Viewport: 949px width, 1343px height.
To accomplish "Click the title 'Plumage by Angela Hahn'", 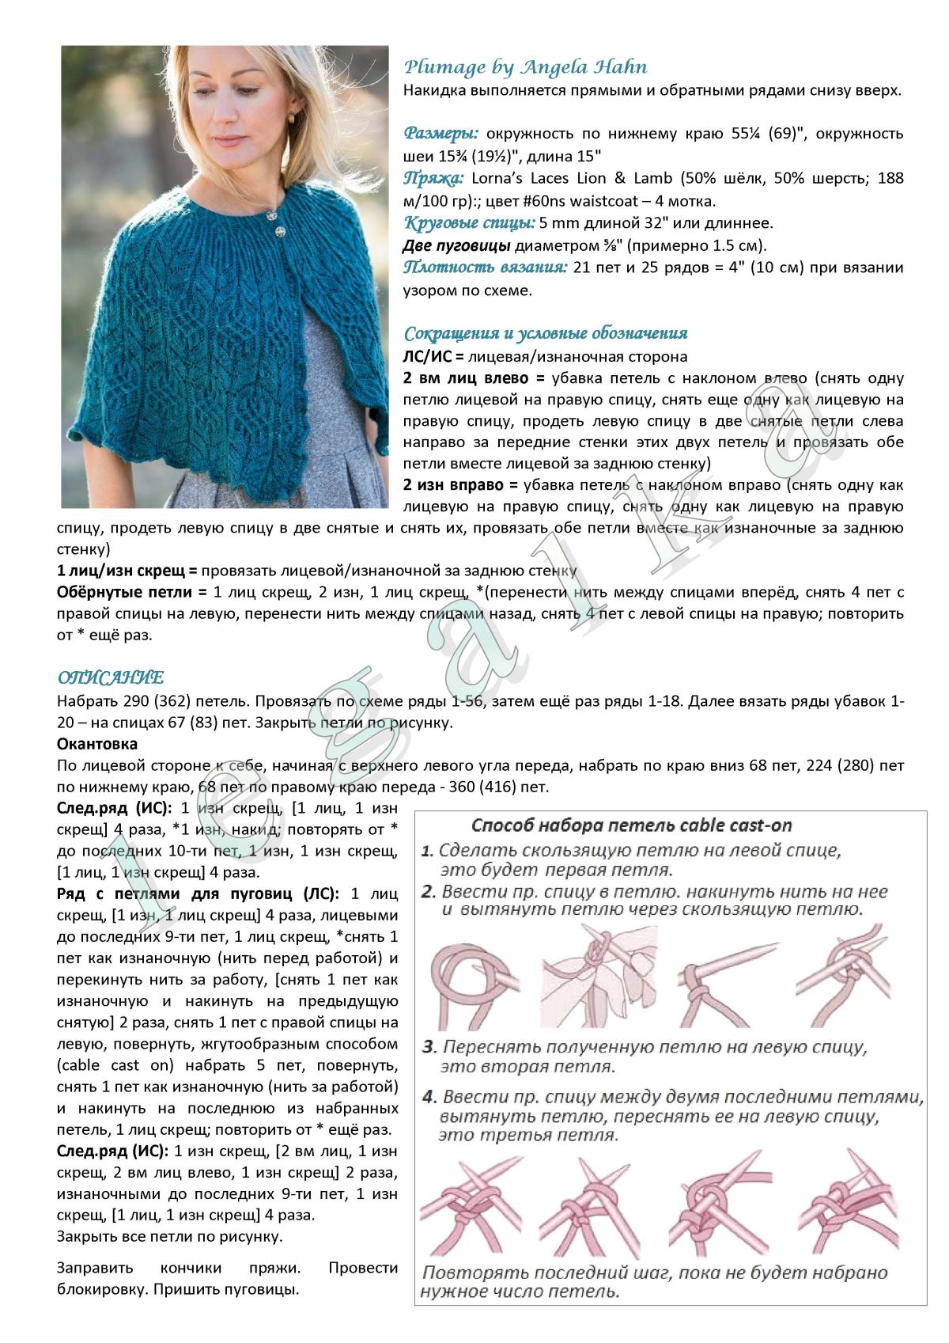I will [x=525, y=67].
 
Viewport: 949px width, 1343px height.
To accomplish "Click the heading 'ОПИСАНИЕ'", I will [x=110, y=677].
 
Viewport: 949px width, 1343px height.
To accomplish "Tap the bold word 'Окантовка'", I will [x=97, y=744].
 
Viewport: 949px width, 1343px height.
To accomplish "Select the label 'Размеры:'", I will [x=440, y=132].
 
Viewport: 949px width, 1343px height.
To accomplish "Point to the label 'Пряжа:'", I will [x=433, y=177].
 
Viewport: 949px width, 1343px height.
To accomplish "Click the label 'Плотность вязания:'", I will [x=485, y=267].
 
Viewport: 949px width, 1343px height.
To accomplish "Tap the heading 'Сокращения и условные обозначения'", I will [x=546, y=333].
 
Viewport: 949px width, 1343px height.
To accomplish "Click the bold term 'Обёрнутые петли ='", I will [x=131, y=592].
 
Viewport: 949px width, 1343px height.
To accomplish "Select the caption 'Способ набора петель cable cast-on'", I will [x=631, y=825].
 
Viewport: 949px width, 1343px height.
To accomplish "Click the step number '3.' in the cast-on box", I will [x=429, y=1048].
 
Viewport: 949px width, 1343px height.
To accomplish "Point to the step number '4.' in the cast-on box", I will [x=429, y=1098].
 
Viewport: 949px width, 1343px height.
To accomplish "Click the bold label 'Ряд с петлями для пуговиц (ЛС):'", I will [x=198, y=894].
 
